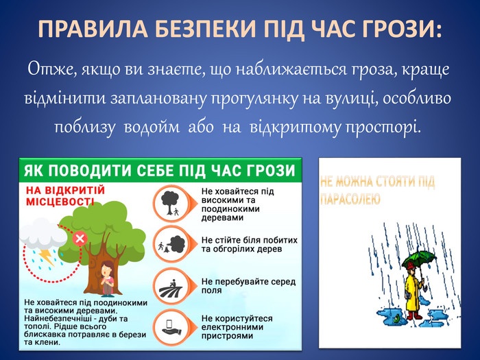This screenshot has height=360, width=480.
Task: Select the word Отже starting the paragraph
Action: pos(51,69)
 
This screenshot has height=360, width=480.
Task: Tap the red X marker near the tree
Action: pos(80,239)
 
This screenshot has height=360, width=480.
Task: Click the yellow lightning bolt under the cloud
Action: pos(47,256)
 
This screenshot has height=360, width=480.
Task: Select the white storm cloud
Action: pos(43,233)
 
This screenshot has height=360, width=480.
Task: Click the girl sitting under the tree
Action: pos(107,279)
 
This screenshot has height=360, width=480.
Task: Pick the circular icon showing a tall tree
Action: pos(171,203)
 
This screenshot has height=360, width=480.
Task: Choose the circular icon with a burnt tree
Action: pos(171,244)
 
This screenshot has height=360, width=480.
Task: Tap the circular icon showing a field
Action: pos(171,285)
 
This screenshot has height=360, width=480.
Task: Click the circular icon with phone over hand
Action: pos(171,327)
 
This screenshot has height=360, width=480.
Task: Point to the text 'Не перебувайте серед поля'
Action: pos(248,286)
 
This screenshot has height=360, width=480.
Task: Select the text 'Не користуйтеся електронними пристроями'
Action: pos(237,327)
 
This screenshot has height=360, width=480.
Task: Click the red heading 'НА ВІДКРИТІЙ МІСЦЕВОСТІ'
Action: pos(65,196)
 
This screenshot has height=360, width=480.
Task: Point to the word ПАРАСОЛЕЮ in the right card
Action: pos(350,199)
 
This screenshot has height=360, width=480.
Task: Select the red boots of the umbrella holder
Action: pos(414,315)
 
